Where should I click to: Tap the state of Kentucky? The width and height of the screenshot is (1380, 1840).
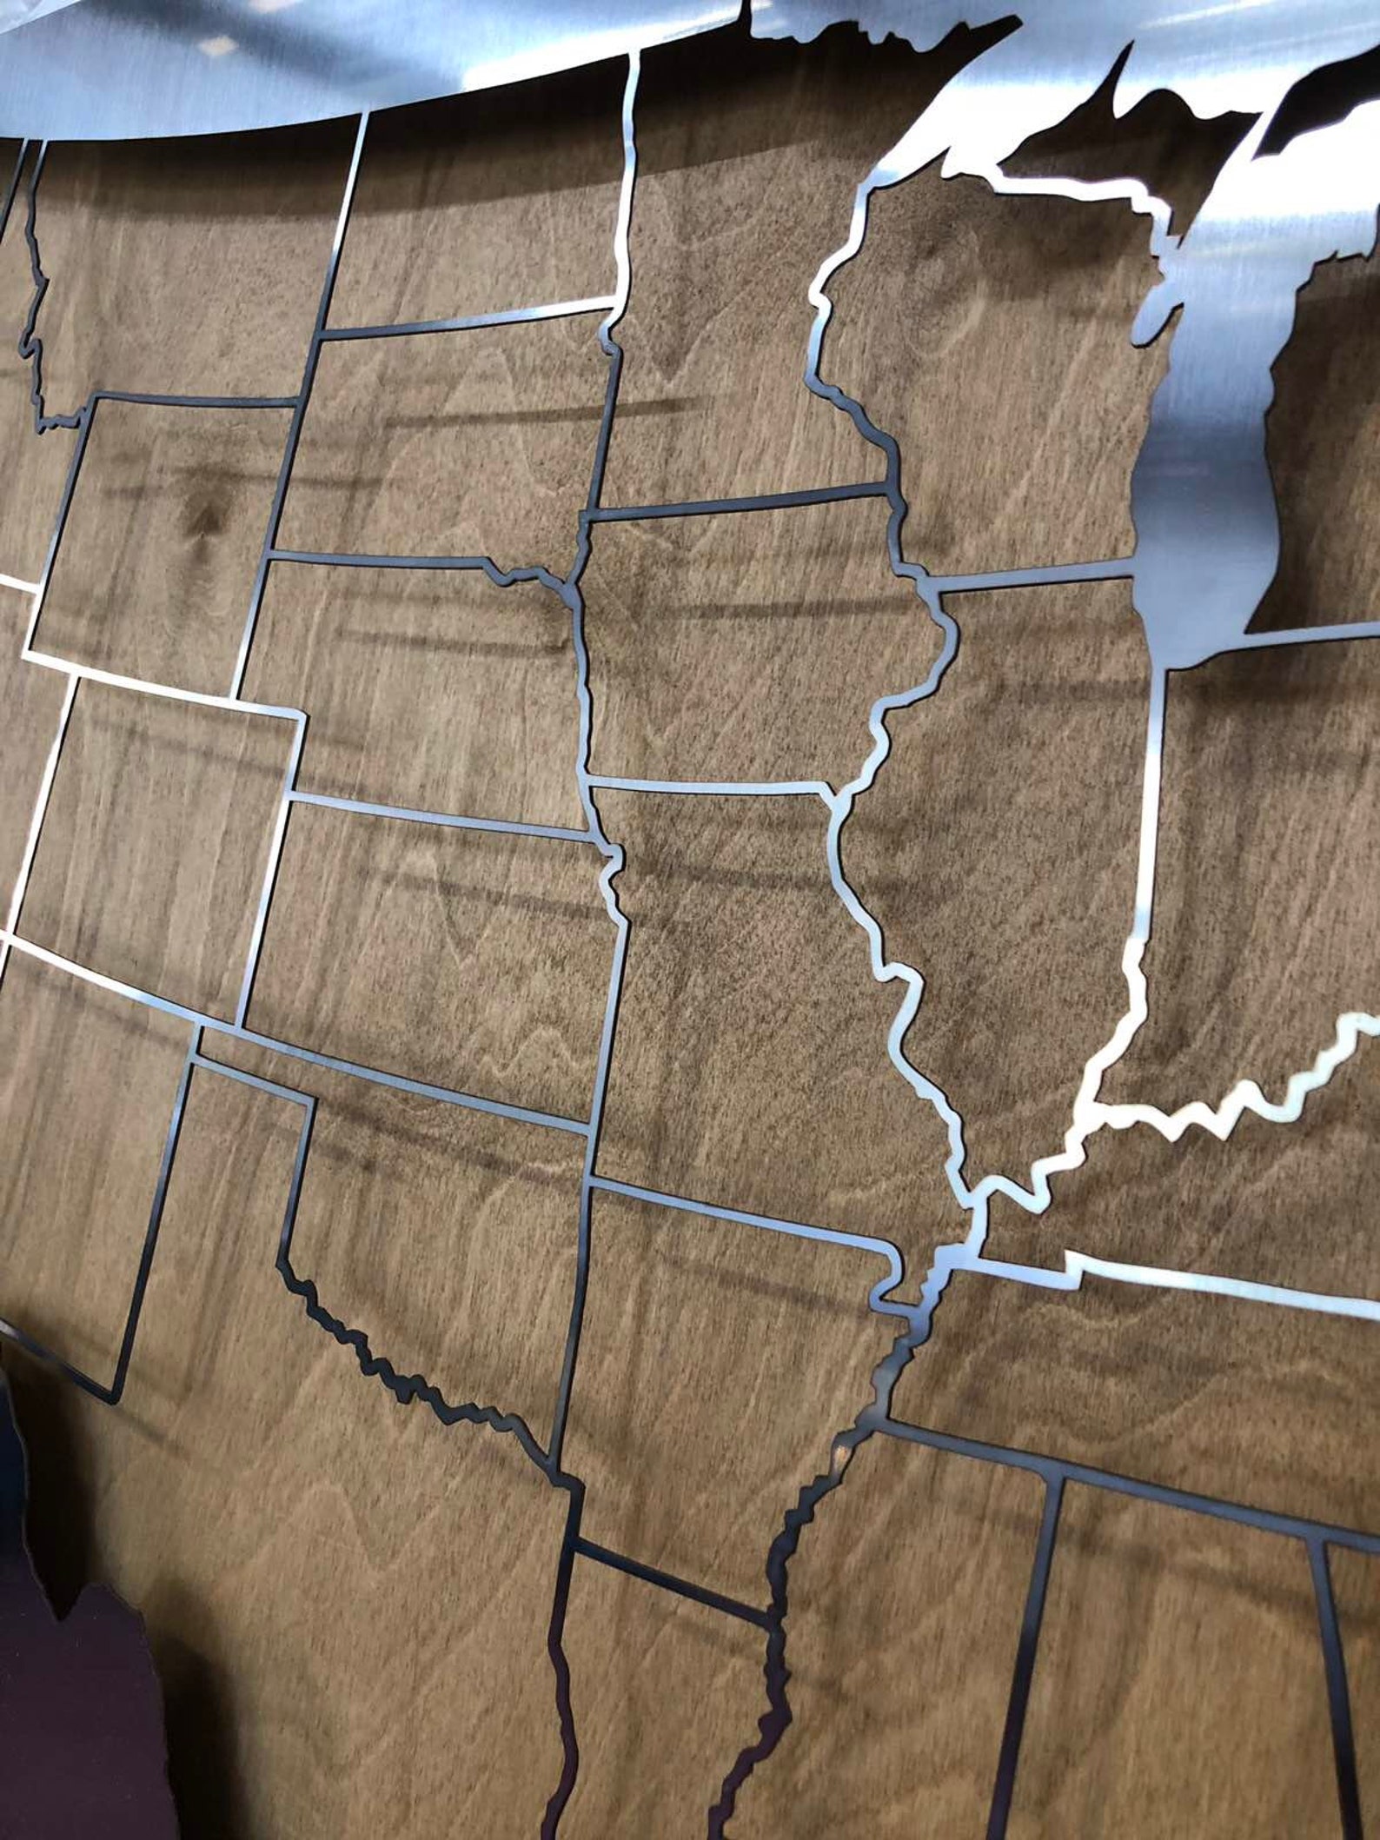pyautogui.click(x=1217, y=1173)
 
